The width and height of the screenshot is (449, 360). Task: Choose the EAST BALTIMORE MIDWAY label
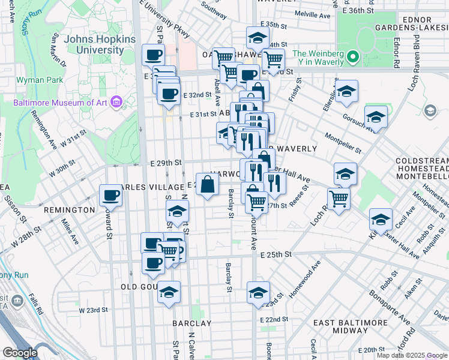point(349,326)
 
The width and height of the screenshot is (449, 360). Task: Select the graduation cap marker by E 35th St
point(258,38)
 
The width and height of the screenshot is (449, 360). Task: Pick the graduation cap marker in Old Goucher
point(169,292)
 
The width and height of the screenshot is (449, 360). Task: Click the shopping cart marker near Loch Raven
point(339,199)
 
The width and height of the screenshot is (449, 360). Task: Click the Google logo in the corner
point(19,353)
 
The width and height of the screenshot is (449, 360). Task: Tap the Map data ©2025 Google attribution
point(411,355)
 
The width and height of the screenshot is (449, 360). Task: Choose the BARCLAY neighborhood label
point(191,323)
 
